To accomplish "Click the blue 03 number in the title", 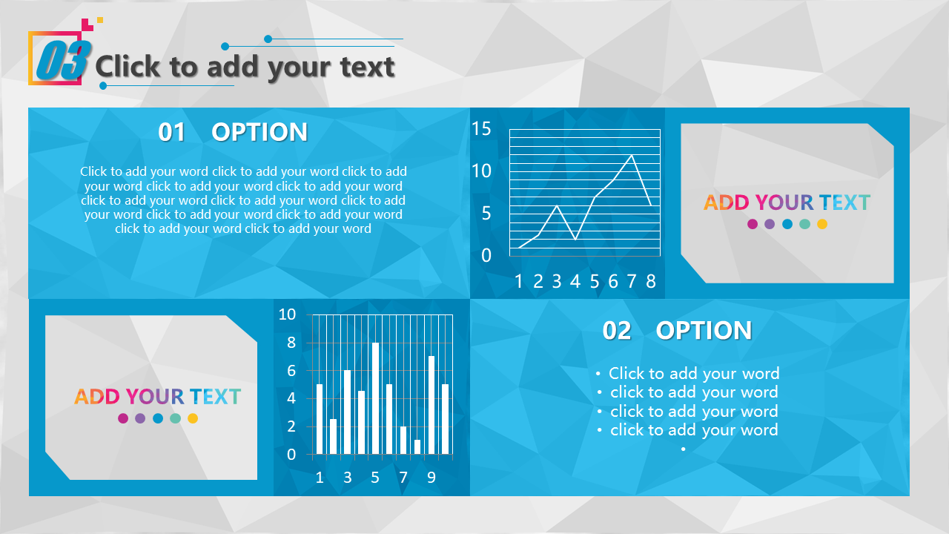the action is coord(64,60).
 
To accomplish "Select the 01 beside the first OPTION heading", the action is coord(171,132).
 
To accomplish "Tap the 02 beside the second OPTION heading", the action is coord(617,331).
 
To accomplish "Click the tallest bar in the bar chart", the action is coord(375,398).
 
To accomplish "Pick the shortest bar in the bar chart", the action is coord(417,447).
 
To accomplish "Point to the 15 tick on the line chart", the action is coord(481,128).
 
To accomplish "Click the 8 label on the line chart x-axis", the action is coord(651,281).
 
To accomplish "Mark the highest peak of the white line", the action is coord(632,155).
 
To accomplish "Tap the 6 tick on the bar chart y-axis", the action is coord(291,371).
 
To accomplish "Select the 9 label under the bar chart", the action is coord(431,478).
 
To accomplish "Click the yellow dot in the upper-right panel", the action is coord(822,224).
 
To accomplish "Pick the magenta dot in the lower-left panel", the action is coord(123,418).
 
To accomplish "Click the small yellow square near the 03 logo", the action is coord(100,19).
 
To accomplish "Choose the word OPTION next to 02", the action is coord(704,331).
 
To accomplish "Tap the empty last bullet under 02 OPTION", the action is coord(683,449).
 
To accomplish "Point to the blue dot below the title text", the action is coord(103,85).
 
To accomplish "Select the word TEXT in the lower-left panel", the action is coord(215,397).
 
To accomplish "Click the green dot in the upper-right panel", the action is coord(804,224).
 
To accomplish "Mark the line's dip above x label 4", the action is coord(575,239).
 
